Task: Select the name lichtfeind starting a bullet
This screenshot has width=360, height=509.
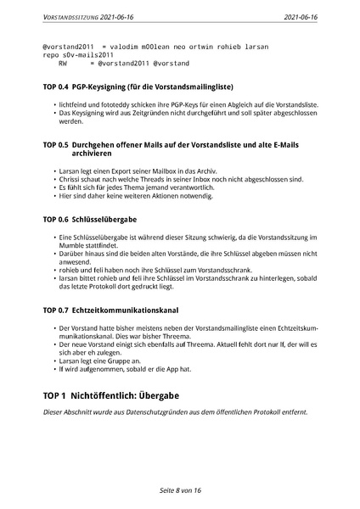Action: point(75,103)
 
